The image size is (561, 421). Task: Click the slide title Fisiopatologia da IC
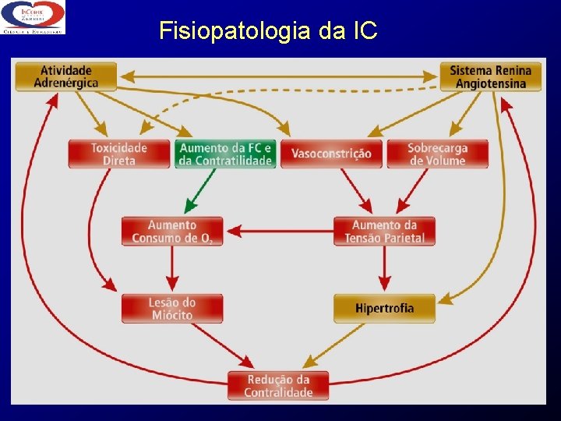pyautogui.click(x=268, y=30)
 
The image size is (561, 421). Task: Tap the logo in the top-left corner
pyautogui.click(x=33, y=17)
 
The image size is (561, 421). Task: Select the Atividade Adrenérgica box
pyautogui.click(x=65, y=76)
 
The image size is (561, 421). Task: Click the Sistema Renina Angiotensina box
pyautogui.click(x=490, y=76)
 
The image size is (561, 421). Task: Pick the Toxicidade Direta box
pyautogui.click(x=118, y=154)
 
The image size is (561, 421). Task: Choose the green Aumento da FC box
pyautogui.click(x=225, y=154)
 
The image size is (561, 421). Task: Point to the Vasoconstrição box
pyautogui.click(x=331, y=154)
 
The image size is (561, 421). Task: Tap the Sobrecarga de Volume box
pyautogui.click(x=438, y=154)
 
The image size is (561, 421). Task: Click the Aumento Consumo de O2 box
pyautogui.click(x=172, y=231)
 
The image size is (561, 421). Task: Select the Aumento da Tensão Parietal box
pyautogui.click(x=384, y=231)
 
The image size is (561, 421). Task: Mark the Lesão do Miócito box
pyautogui.click(x=172, y=308)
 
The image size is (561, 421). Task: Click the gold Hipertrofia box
pyautogui.click(x=384, y=308)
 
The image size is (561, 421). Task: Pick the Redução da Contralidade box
pyautogui.click(x=278, y=385)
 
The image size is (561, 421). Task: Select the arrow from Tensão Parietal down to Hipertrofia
pyautogui.click(x=384, y=270)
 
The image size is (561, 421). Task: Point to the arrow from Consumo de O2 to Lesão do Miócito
pyautogui.click(x=172, y=270)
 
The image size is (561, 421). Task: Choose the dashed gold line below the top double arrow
pyautogui.click(x=296, y=91)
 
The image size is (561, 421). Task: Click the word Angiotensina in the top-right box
pyautogui.click(x=490, y=83)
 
